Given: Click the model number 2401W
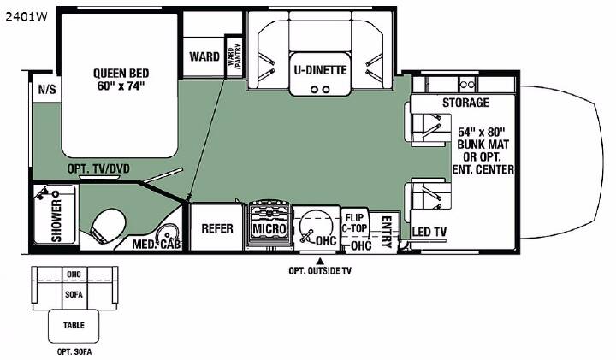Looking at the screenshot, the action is [26, 17].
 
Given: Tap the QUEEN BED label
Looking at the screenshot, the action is [121, 74].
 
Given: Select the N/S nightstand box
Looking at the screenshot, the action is [46, 89].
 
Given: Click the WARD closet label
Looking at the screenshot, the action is [204, 56].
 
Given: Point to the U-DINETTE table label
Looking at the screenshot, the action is [320, 70].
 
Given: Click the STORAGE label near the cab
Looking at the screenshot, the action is [465, 103].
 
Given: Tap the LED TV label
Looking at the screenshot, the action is [429, 232].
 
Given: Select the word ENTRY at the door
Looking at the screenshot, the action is [387, 232].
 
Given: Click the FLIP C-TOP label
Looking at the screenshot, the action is [355, 222].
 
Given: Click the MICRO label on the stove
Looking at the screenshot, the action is [269, 229].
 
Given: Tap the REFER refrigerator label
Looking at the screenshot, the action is [217, 228].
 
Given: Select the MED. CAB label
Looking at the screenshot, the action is [157, 245].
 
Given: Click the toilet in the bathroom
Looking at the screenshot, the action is [107, 225].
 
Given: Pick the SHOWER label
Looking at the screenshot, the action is [56, 221].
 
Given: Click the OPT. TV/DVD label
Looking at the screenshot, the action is [98, 168].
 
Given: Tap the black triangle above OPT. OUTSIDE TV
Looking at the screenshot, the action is [321, 260].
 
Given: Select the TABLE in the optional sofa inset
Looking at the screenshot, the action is [74, 326].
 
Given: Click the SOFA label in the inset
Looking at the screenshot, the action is [74, 294].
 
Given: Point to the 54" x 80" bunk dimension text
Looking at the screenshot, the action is [482, 132].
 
